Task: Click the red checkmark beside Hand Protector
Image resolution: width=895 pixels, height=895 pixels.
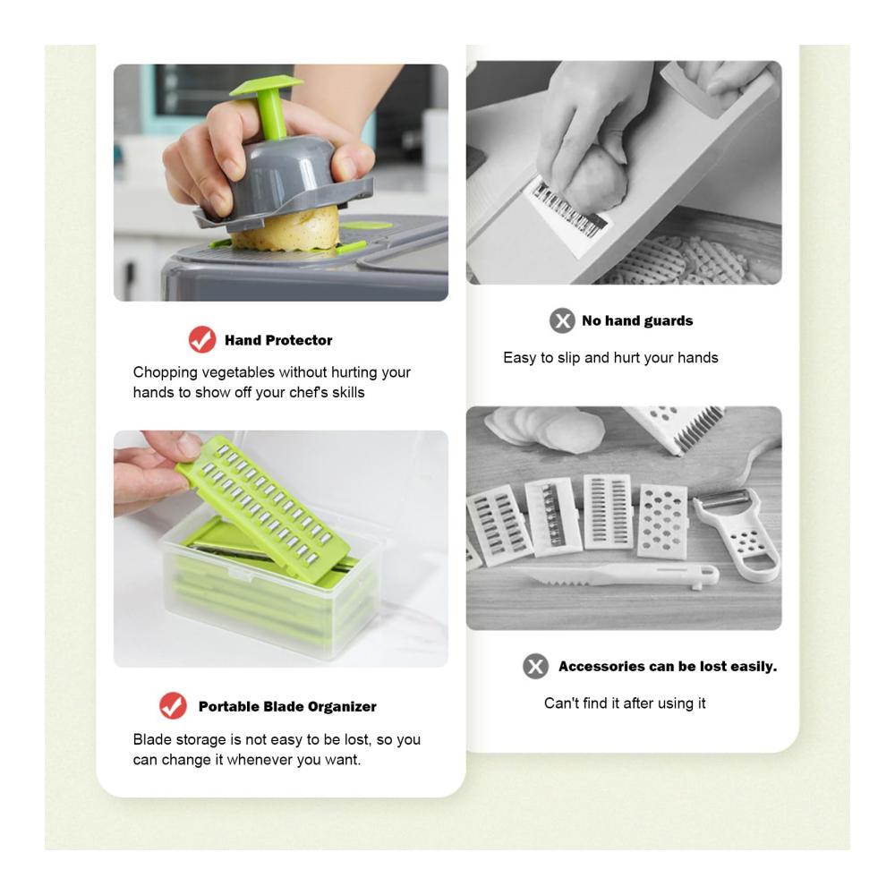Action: [202, 339]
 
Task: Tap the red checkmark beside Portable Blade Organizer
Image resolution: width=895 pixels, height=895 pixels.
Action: [173, 706]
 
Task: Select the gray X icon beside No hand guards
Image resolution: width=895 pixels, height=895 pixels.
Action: [562, 320]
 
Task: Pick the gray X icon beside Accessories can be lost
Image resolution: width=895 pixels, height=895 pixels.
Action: [535, 666]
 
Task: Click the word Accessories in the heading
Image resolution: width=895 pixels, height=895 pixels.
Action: [593, 666]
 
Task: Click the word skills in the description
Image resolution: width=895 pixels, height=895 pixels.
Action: [349, 393]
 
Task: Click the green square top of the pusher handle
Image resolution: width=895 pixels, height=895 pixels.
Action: [266, 86]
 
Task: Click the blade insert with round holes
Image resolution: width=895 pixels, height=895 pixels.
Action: [662, 521]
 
